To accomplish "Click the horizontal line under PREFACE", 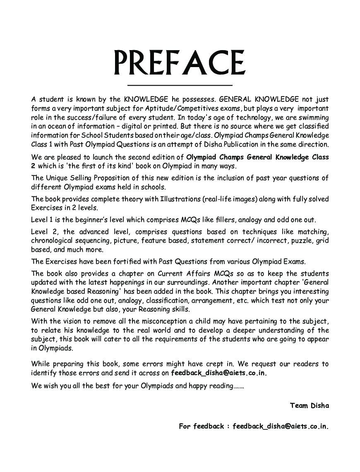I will (180, 85).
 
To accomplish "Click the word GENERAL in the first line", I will (236, 99).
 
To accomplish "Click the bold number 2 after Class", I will (33, 166).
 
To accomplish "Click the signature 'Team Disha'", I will (309, 406).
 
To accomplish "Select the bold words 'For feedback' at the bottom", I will (201, 426).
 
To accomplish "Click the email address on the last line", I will (281, 426).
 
